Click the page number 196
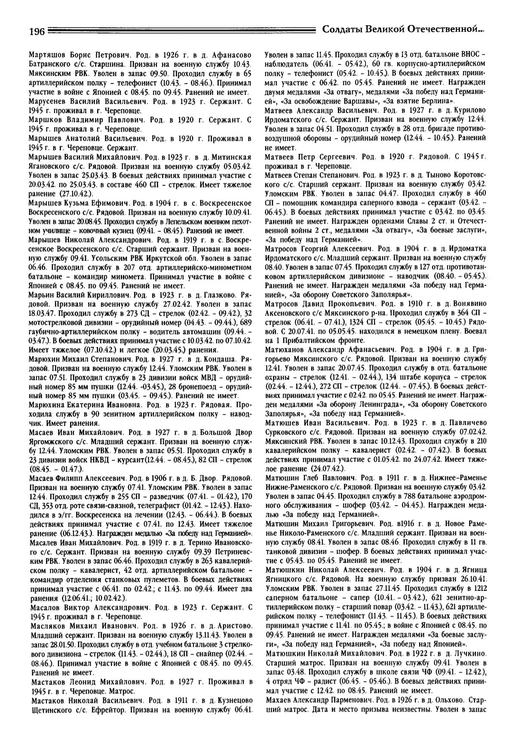tap(37, 32)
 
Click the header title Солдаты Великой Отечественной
tap(403, 30)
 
